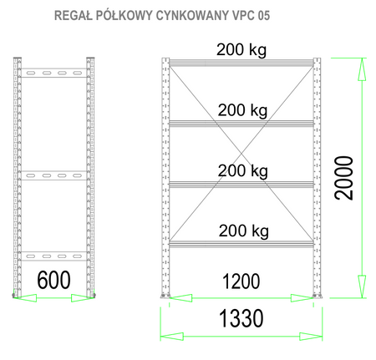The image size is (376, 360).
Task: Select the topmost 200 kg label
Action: pos(242,49)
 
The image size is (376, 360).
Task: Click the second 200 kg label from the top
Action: pos(242,109)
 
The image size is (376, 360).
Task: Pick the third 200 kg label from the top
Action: pos(242,171)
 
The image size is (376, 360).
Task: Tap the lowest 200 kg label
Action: pos(242,231)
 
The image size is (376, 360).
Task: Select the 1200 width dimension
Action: pos(241,280)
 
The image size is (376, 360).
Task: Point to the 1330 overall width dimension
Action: pos(241,317)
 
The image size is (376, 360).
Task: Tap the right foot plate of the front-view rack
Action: pos(317,296)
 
